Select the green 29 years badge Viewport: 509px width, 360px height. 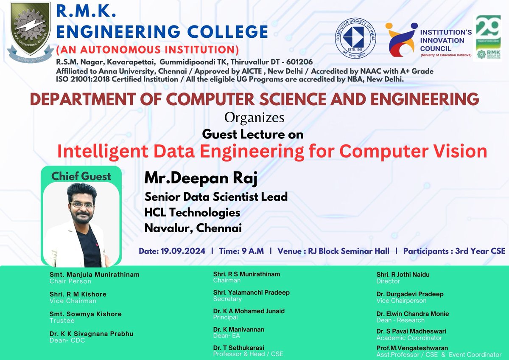pyautogui.click(x=487, y=38)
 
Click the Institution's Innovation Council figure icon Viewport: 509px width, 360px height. pyautogui.click(x=400, y=39)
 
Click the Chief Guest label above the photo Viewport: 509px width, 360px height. pyautogui.click(x=81, y=176)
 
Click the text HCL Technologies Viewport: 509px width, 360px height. pyautogui.click(x=192, y=212)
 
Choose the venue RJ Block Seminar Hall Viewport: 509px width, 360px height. pyautogui.click(x=349, y=251)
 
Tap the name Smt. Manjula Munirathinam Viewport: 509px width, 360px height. pyautogui.click(x=94, y=275)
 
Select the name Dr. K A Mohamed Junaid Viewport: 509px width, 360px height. pyautogui.click(x=249, y=311)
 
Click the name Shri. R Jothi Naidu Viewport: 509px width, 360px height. pyautogui.click(x=403, y=275)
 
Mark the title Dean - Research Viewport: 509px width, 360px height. pyautogui.click(x=400, y=320)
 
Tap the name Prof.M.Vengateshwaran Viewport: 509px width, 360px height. pyautogui.click(x=412, y=348)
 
